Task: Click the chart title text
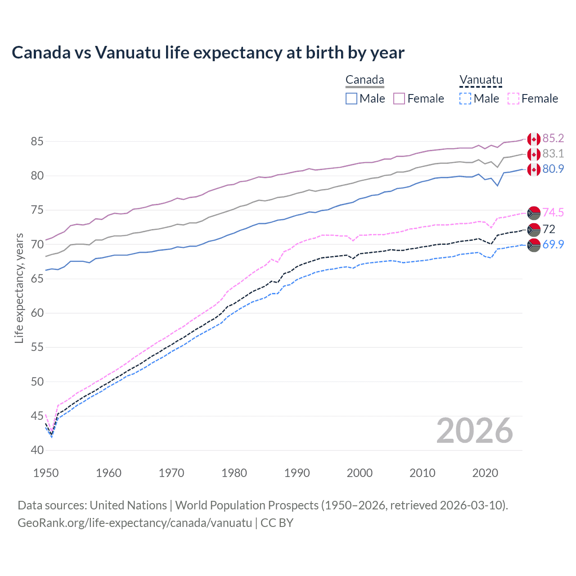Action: click(x=208, y=53)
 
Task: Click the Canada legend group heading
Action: click(x=364, y=80)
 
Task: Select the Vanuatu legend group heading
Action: click(x=480, y=80)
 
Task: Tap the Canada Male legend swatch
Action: click(x=351, y=99)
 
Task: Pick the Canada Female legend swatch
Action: click(x=399, y=99)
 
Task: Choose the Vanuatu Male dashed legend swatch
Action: click(x=465, y=99)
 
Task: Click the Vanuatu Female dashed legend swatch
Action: click(x=513, y=99)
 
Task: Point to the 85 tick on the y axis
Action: click(x=37, y=141)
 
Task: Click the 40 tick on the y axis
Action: click(x=37, y=450)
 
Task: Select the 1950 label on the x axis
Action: click(x=46, y=473)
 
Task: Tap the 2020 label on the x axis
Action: click(x=485, y=473)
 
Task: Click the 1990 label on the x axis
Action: click(x=297, y=473)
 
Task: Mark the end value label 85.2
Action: click(x=553, y=138)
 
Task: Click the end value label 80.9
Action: click(x=553, y=169)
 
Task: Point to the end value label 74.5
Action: click(x=553, y=212)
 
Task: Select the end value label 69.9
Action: click(x=553, y=244)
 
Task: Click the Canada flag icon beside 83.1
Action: click(x=534, y=154)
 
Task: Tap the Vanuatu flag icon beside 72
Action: click(x=534, y=229)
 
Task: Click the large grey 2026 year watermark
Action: click(x=474, y=431)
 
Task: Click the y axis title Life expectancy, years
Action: click(x=19, y=288)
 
